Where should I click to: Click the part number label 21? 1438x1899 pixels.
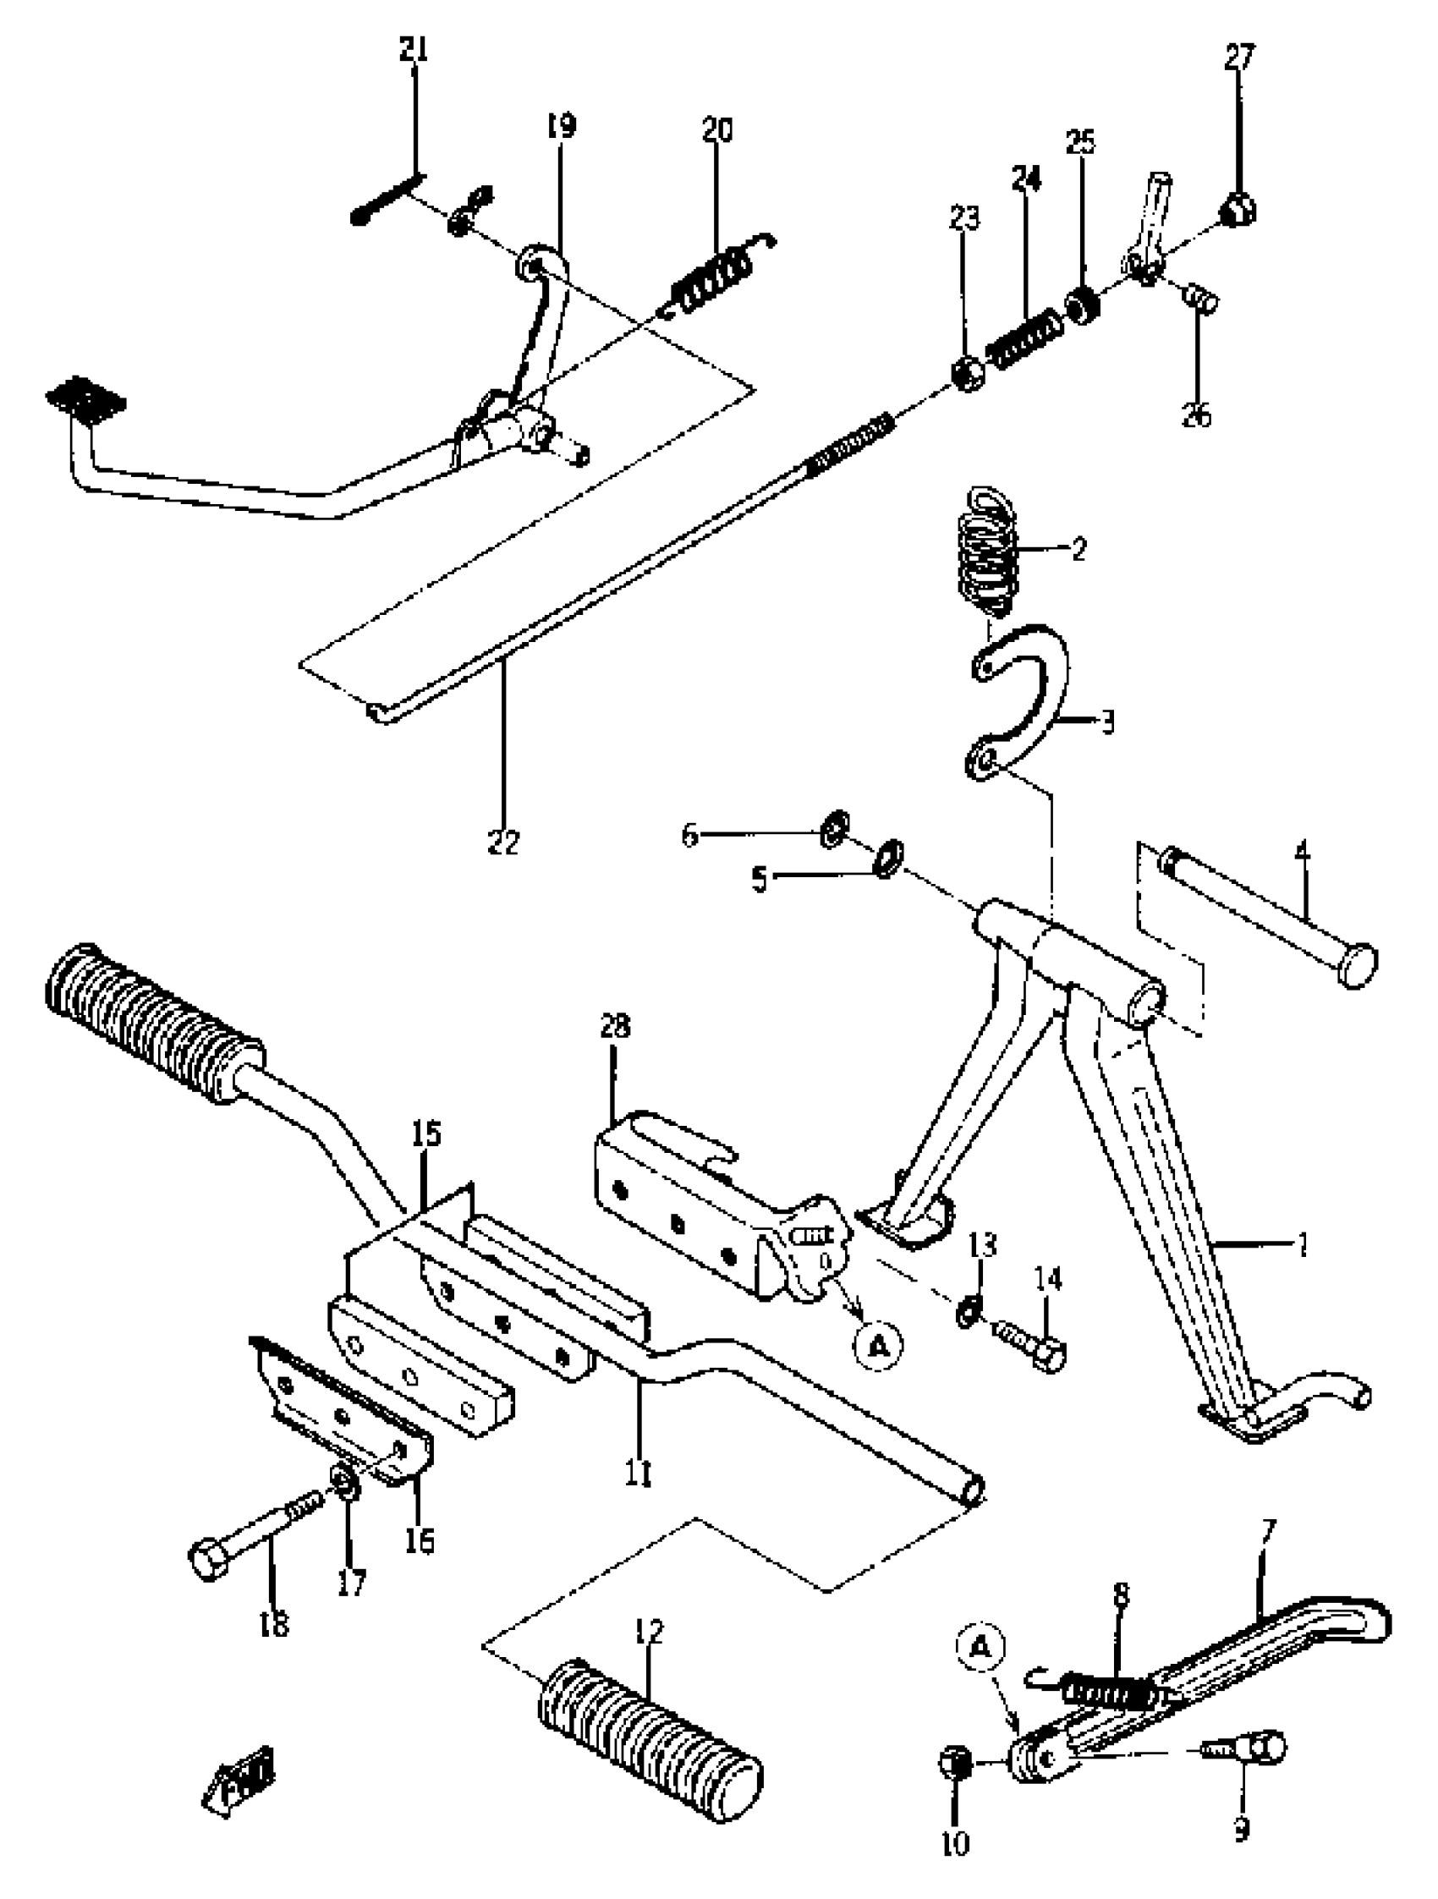pos(413,50)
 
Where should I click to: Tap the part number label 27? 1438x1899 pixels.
pos(1239,57)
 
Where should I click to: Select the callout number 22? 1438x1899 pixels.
pos(503,843)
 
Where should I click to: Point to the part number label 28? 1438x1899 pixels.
pos(615,1026)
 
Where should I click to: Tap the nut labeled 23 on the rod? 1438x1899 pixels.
pos(969,375)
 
